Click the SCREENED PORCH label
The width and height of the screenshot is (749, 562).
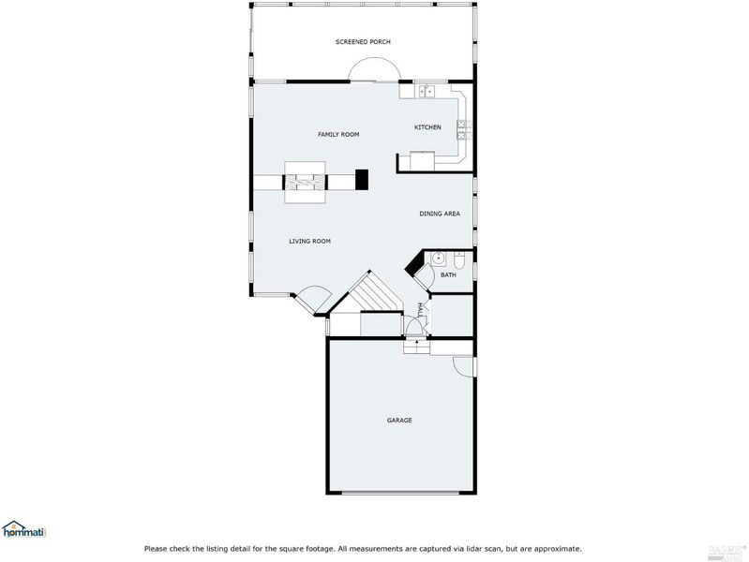(363, 42)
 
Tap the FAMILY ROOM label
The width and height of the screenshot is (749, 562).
(338, 135)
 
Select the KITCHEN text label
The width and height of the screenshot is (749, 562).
(427, 127)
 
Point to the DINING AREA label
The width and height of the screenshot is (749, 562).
(440, 214)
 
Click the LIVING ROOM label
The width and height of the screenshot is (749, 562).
(309, 241)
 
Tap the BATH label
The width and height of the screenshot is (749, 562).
(448, 275)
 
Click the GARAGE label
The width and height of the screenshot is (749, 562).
(399, 421)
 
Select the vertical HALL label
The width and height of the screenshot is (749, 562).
(420, 310)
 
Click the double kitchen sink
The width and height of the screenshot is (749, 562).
(427, 90)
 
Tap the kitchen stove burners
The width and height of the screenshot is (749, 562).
(464, 130)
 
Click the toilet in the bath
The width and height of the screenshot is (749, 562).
(459, 259)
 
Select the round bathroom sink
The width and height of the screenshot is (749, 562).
(438, 259)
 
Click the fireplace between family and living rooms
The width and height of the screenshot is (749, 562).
(306, 183)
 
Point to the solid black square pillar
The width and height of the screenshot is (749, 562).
(362, 180)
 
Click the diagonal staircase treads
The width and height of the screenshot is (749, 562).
(372, 291)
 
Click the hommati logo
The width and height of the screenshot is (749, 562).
(23, 529)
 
